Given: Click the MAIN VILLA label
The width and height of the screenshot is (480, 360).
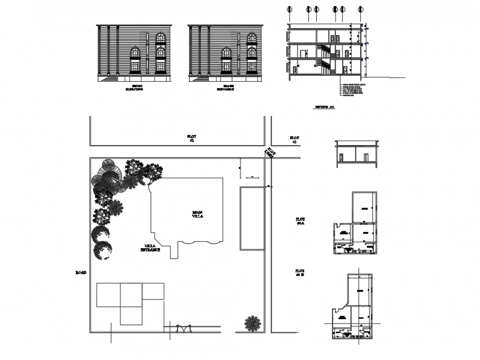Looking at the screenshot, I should click(x=198, y=214).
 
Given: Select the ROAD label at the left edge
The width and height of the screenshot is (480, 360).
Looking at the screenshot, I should click(x=81, y=273).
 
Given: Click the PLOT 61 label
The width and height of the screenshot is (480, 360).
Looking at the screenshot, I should click(x=191, y=138).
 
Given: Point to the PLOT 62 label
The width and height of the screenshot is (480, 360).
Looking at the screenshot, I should click(x=294, y=140).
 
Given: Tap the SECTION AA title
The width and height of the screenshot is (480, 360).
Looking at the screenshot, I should click(x=324, y=108).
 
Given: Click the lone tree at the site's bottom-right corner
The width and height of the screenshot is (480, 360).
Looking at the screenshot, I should click(x=253, y=323).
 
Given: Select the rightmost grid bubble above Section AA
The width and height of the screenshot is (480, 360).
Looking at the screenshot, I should click(x=361, y=9).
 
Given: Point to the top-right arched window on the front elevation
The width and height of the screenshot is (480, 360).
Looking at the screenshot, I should click(x=161, y=38).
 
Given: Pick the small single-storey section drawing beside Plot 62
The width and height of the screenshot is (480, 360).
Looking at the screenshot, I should click(x=356, y=153).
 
